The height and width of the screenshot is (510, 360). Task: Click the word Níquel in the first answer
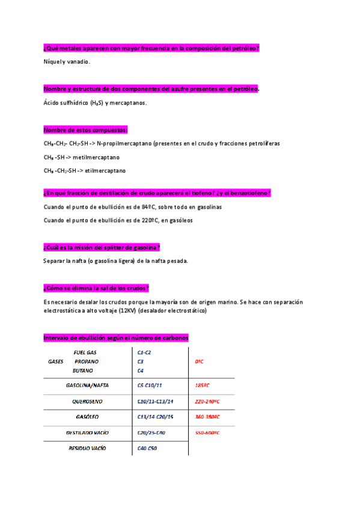click(53, 62)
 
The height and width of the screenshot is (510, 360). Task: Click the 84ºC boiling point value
click(140, 207)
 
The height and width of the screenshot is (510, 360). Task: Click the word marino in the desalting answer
click(219, 301)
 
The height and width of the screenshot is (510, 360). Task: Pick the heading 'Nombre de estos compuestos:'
click(85, 131)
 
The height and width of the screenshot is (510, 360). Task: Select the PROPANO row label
click(87, 361)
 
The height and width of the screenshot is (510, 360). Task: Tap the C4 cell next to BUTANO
click(141, 370)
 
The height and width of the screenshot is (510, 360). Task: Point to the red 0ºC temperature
click(200, 361)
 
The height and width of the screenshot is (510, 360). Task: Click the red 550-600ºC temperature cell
click(207, 432)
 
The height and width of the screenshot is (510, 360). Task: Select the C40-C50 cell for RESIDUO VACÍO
click(147, 448)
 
